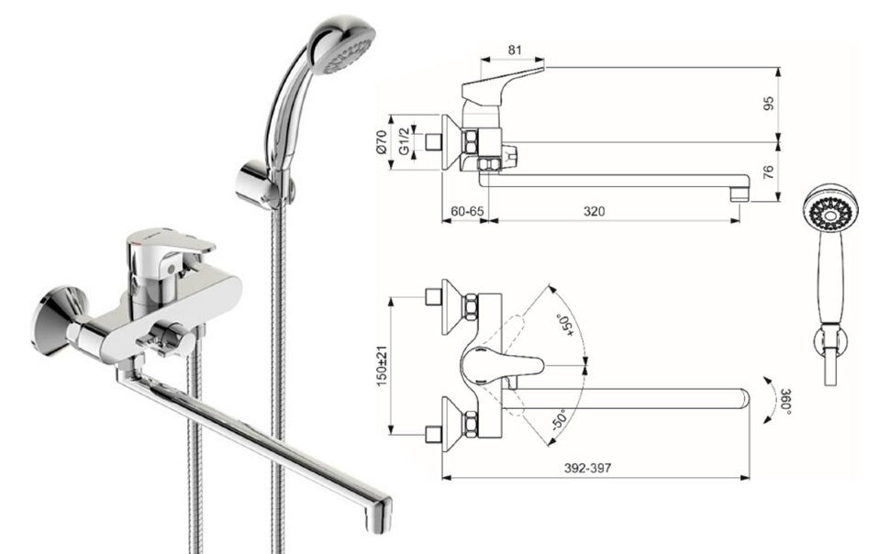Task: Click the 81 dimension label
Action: point(514,50)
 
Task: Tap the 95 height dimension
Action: point(769,104)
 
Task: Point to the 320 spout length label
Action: point(594,211)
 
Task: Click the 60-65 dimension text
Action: point(467,211)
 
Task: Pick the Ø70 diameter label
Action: point(382,142)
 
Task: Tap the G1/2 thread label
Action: point(404,141)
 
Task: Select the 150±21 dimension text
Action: point(382,366)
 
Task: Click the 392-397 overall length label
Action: point(587,468)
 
